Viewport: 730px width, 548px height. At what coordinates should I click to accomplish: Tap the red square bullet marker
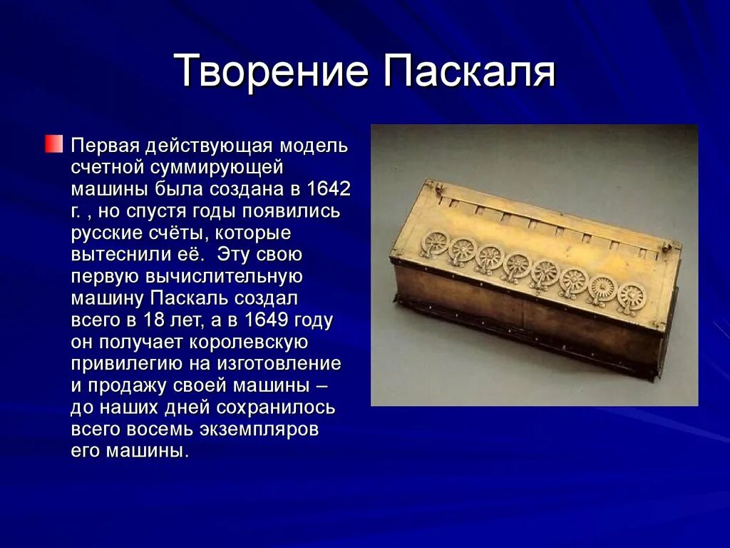tap(54, 144)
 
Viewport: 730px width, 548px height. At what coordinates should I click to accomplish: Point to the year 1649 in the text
tap(270, 320)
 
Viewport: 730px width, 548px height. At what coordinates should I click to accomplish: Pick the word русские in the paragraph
tap(107, 233)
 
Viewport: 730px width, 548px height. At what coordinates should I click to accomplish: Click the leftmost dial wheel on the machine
tap(433, 243)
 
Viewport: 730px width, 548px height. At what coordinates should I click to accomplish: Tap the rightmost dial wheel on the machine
tap(631, 294)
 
